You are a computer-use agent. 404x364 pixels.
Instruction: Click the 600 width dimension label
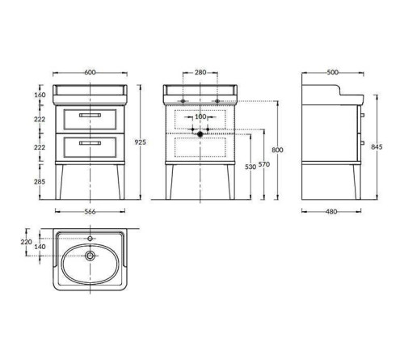(90, 73)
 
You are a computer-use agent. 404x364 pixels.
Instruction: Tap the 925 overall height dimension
(140, 142)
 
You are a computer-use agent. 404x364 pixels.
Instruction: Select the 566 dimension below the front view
(90, 212)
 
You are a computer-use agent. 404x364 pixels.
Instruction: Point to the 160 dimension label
(40, 95)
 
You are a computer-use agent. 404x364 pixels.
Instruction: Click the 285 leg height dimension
(40, 182)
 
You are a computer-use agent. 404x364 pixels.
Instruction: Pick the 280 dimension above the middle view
(200, 72)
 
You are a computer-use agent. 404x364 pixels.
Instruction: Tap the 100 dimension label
(200, 116)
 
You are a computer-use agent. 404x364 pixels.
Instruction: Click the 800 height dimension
(277, 150)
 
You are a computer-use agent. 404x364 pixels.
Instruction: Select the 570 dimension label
(264, 164)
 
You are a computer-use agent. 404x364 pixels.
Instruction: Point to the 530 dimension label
(250, 167)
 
